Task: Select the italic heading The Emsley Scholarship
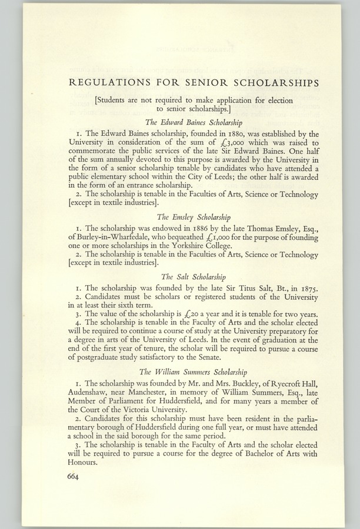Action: (194, 217)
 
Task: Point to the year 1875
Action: (305, 289)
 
